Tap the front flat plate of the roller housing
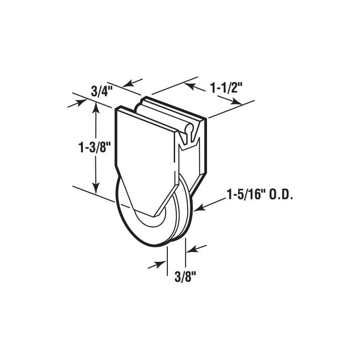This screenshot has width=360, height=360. coord(144,153)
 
